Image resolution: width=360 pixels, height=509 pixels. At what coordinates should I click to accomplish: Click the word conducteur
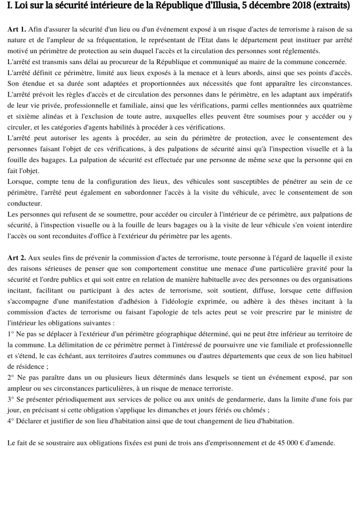24,203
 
